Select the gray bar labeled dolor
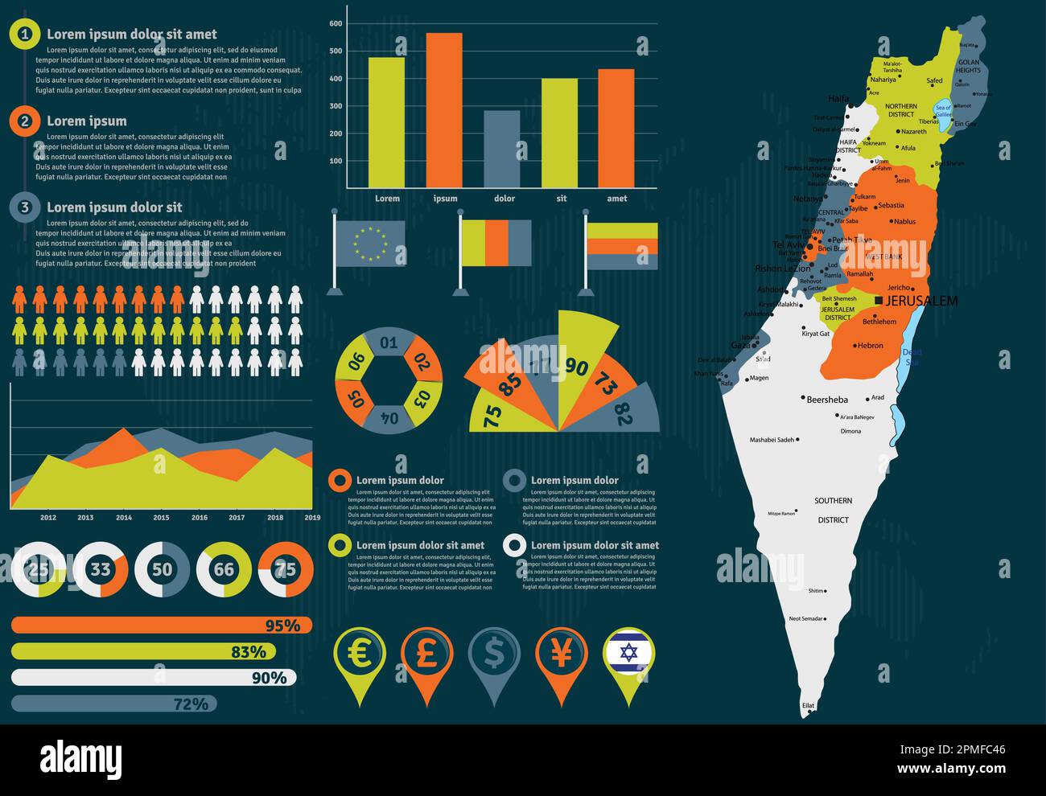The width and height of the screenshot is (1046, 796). pyautogui.click(x=501, y=149)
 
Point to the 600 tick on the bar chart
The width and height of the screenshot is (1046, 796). pyautogui.click(x=336, y=24)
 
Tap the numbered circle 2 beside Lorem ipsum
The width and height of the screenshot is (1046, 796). pyautogui.click(x=25, y=121)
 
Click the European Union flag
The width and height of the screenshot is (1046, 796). pyautogui.click(x=370, y=243)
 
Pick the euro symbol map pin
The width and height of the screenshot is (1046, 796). pyautogui.click(x=360, y=654)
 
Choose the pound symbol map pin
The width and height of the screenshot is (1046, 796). pyautogui.click(x=427, y=654)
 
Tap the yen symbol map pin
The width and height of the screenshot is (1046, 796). pyautogui.click(x=562, y=654)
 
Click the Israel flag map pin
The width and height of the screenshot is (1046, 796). pyautogui.click(x=629, y=653)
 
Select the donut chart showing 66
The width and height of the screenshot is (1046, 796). pyautogui.click(x=224, y=570)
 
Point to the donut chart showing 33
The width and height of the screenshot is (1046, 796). pyautogui.click(x=101, y=570)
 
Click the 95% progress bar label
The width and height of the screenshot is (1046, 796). pyautogui.click(x=282, y=626)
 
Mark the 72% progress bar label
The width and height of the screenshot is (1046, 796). pyautogui.click(x=191, y=704)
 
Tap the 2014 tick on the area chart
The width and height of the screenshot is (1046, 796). pyautogui.click(x=124, y=518)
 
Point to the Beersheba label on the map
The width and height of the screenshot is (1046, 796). pyautogui.click(x=827, y=399)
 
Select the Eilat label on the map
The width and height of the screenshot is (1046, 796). pyautogui.click(x=808, y=706)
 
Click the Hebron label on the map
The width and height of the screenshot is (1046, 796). pyautogui.click(x=870, y=346)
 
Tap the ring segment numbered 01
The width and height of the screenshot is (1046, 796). pyautogui.click(x=389, y=343)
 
